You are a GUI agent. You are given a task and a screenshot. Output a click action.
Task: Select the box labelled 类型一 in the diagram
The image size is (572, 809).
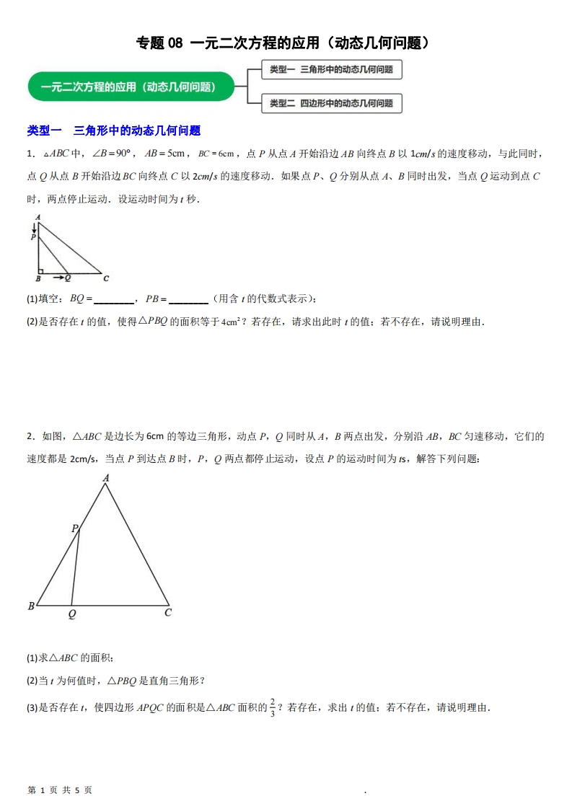click(x=331, y=70)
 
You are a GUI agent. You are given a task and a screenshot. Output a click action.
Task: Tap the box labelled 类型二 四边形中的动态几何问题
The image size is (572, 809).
click(x=331, y=104)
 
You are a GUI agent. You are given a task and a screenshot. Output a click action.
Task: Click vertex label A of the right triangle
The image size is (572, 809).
click(x=38, y=216)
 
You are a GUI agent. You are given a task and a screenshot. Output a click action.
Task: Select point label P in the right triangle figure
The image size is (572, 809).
click(x=32, y=236)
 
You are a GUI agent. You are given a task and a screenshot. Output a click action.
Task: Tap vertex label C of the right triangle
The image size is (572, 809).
click(x=106, y=278)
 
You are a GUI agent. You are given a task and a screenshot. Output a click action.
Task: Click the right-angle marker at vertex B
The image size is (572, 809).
click(x=41, y=270)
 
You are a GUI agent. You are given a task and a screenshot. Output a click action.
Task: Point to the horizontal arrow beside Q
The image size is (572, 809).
click(x=58, y=277)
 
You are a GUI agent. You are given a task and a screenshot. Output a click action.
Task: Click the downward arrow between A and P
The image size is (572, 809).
click(x=33, y=227)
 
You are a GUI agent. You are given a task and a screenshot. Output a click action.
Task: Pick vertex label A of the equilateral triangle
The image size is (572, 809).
click(x=106, y=477)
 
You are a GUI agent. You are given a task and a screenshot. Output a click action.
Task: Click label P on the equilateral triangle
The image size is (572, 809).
click(x=74, y=529)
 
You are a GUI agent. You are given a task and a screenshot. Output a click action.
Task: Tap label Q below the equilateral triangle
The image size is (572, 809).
click(x=71, y=614)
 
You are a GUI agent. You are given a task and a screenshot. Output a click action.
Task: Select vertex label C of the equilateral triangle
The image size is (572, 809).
click(x=168, y=613)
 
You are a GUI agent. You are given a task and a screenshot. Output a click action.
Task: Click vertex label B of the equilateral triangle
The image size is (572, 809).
click(x=31, y=606)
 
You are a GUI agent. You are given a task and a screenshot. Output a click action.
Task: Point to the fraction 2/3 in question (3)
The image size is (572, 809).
click(x=273, y=707)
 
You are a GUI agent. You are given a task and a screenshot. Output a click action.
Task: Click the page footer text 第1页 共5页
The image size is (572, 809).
click(x=60, y=790)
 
